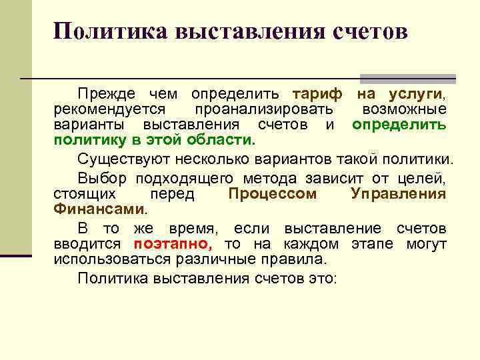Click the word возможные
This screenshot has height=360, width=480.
coord(404,109)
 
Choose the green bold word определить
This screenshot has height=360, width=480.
coord(399,125)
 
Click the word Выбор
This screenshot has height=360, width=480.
coord(102,178)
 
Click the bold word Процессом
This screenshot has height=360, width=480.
coord(273,194)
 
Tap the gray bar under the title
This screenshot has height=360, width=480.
coord(407,78)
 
